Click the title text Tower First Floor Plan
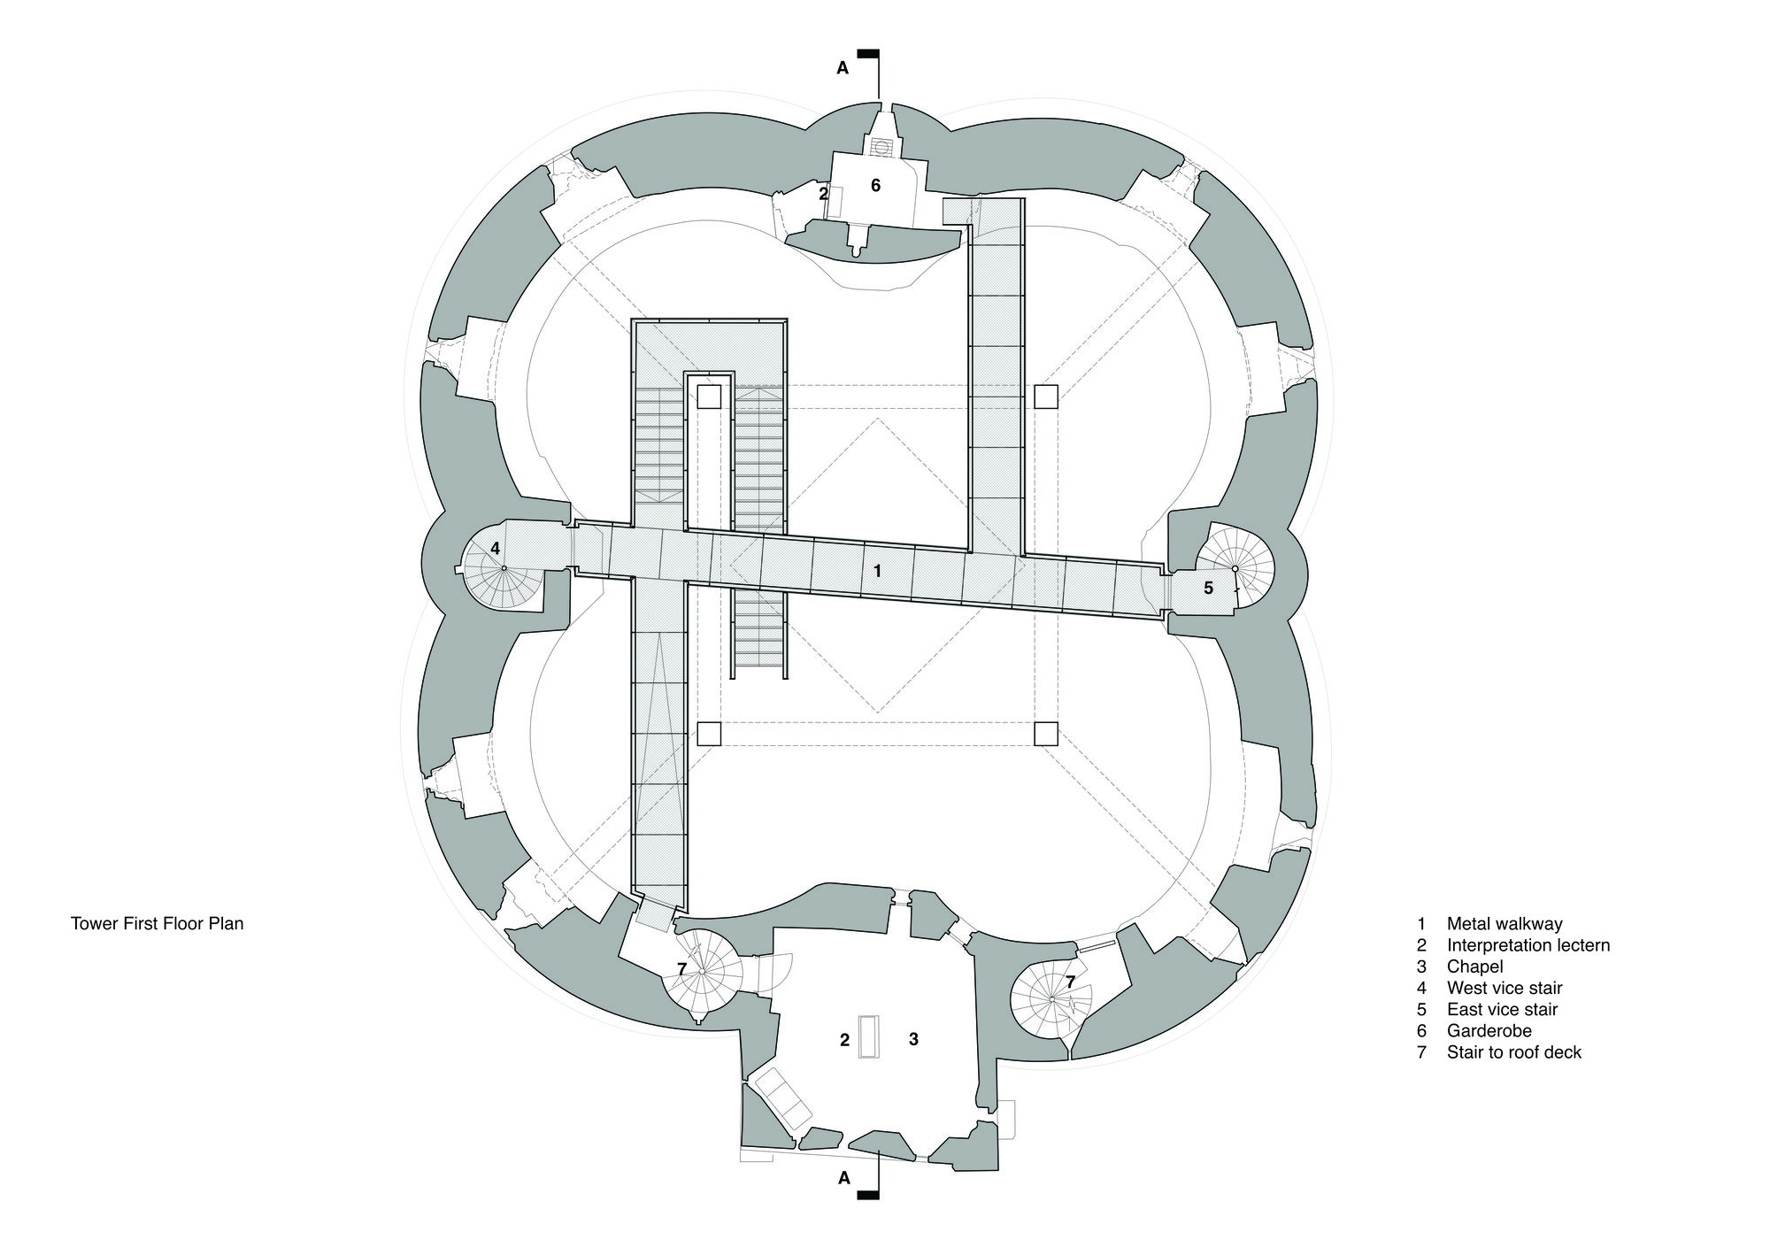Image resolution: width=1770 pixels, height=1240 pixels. (157, 924)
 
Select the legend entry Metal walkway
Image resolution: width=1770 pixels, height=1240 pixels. (1504, 924)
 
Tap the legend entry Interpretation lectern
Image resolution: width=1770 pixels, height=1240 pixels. (1528, 945)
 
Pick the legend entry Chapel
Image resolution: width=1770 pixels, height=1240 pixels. (1475, 967)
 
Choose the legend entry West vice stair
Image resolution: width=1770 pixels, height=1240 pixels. (1504, 988)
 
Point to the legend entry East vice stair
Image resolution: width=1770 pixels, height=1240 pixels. (1502, 1010)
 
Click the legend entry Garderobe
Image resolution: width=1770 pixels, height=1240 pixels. (1489, 1031)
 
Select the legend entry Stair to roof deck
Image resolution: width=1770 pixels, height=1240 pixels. (1514, 1052)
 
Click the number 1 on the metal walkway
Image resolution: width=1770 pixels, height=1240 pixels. (877, 571)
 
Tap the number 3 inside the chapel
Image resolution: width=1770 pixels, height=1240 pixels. (913, 1039)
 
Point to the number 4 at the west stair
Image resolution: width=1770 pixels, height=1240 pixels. (496, 548)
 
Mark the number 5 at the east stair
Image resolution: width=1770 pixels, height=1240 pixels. (1209, 587)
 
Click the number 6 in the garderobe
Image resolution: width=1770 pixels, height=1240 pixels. (875, 186)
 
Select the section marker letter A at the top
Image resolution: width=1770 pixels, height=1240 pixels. (843, 68)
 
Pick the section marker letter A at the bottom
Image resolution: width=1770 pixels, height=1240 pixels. (843, 1178)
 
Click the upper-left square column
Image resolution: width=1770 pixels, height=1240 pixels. (709, 397)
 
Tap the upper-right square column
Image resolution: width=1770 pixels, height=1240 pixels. (1046, 397)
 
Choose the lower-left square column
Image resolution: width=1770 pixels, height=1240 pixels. (709, 734)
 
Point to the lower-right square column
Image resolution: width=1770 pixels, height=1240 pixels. (1046, 734)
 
